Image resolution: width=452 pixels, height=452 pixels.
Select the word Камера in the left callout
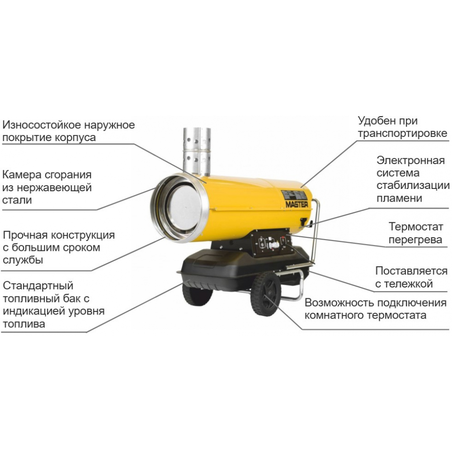pos(22,175)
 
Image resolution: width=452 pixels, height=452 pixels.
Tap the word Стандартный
pos(38,286)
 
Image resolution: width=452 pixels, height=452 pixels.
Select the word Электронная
pos(410,160)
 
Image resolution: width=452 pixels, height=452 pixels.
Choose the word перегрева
pos(415,240)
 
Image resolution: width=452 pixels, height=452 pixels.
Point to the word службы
pos(23,260)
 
